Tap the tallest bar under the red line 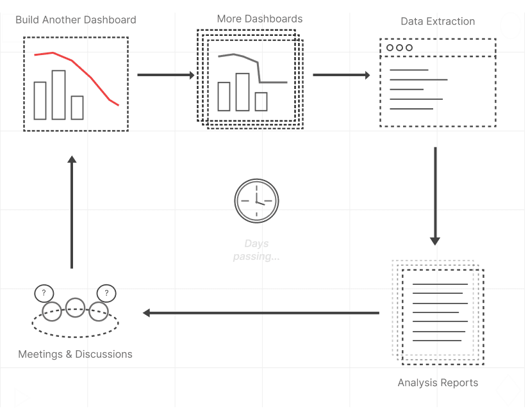point(58,95)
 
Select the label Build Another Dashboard point(76,20)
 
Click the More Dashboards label point(260,19)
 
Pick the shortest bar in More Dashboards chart point(261,102)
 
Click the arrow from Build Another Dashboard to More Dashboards point(166,75)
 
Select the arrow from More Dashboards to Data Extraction point(342,75)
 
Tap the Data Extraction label point(438,22)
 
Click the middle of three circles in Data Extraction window point(399,48)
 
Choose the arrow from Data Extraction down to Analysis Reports point(435,196)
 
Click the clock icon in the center point(256,201)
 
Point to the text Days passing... point(256,250)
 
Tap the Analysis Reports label point(438,383)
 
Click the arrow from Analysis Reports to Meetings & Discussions point(261,313)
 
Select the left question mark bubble point(44,293)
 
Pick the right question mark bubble point(106,293)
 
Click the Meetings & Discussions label point(75,354)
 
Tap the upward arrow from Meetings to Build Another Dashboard point(72,212)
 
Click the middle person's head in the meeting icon point(75,307)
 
